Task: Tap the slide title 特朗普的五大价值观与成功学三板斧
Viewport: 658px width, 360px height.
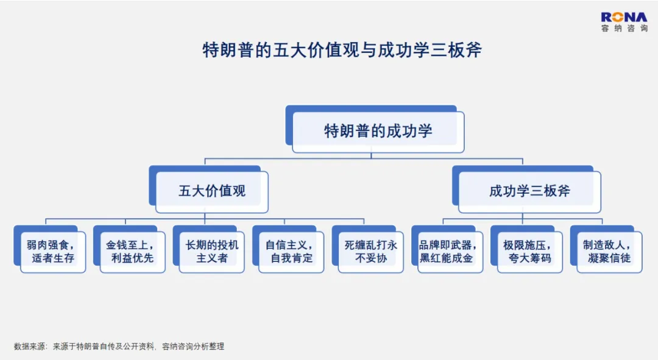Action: [342, 50]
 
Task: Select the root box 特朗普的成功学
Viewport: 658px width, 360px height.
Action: [375, 129]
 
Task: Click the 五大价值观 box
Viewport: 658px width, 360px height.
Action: [208, 189]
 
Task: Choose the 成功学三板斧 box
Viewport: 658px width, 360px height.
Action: [526, 189]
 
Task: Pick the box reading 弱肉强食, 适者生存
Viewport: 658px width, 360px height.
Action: [50, 249]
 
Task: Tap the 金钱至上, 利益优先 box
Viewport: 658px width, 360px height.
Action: [129, 249]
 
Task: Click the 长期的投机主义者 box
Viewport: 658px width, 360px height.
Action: [208, 249]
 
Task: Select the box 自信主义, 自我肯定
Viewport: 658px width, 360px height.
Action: [288, 249]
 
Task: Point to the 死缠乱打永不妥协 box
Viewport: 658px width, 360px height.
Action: [367, 249]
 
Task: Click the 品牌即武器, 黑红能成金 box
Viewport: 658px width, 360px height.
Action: [447, 249]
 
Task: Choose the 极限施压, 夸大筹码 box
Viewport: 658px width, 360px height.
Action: [526, 249]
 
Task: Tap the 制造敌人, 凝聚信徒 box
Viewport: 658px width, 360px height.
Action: [606, 249]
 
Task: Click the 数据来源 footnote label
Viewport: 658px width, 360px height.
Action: [30, 347]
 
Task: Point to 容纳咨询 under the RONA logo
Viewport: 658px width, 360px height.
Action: [624, 28]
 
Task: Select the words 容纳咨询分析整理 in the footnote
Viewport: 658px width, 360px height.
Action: [193, 347]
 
